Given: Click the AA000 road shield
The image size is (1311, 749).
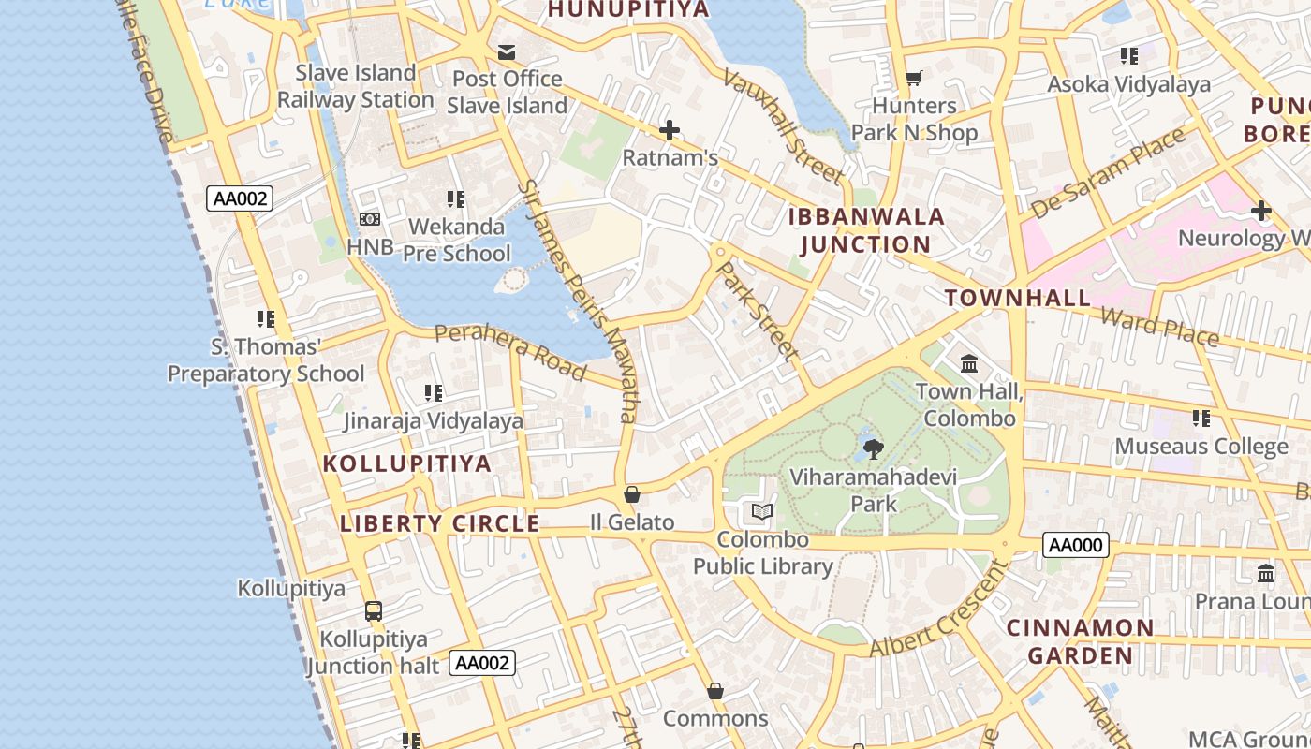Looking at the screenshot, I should [x=1076, y=545].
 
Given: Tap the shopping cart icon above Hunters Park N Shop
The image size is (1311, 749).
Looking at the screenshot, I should [x=913, y=79].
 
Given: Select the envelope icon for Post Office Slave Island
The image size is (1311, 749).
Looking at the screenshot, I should [x=507, y=51].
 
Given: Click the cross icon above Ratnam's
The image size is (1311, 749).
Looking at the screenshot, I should [x=670, y=130].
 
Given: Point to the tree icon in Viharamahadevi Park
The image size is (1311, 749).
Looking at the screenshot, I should [x=873, y=448].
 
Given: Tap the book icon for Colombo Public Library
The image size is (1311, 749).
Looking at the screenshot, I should [x=762, y=511].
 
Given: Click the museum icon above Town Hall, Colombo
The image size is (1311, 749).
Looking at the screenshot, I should [x=969, y=363].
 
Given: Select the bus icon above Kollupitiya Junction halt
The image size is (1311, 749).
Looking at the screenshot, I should [x=373, y=611].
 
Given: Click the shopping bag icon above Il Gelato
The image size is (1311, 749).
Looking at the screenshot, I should [x=632, y=494].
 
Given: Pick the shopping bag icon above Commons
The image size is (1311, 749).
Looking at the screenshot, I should [x=715, y=691].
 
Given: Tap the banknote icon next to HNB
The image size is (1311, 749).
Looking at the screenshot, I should [x=370, y=219].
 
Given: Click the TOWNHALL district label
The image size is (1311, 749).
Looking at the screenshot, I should [x=1018, y=299].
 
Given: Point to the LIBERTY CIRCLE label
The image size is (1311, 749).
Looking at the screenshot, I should [x=439, y=523].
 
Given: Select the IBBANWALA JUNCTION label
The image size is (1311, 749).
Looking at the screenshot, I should [x=866, y=230].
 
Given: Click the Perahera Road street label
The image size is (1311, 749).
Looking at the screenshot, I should [x=510, y=350].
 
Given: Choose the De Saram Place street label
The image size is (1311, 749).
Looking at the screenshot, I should [x=1108, y=174].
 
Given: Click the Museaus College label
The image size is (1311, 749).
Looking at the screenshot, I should [x=1201, y=447].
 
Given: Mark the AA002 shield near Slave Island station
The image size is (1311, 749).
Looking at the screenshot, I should [x=240, y=198].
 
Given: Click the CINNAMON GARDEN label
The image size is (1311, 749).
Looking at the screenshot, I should [x=1081, y=640].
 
